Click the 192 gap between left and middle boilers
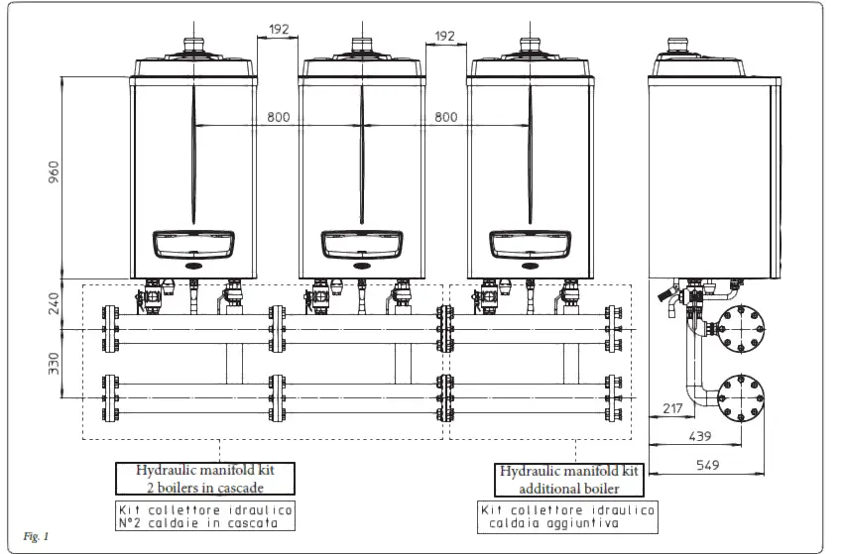(x=278, y=30)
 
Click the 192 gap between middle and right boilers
(x=445, y=36)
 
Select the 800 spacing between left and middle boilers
(x=279, y=117)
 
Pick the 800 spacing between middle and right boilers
(x=446, y=117)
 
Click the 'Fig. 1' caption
(x=37, y=536)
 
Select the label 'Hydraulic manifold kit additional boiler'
(x=567, y=479)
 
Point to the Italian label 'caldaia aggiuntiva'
(x=567, y=522)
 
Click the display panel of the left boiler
(x=193, y=245)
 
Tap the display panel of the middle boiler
(x=361, y=245)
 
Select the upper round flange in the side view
(x=737, y=328)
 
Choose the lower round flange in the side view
(x=737, y=395)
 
